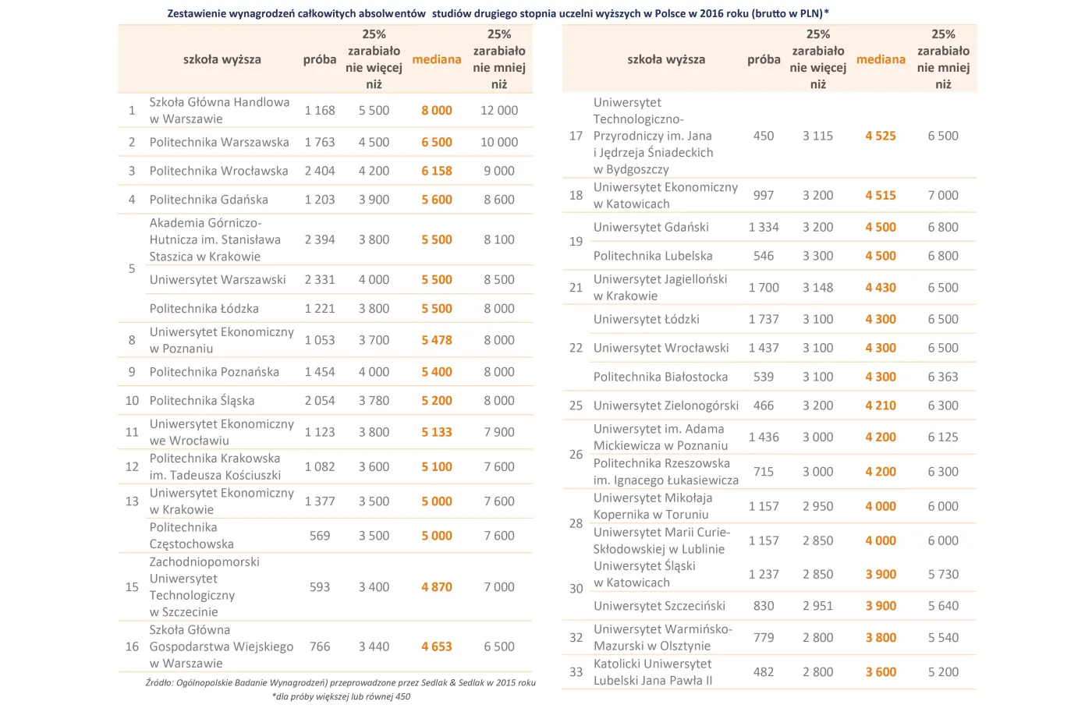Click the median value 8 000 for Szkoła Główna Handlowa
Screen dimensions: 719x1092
coord(436,111)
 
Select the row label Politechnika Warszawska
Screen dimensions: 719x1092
coord(219,142)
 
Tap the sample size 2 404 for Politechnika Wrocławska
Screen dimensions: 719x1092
coord(320,171)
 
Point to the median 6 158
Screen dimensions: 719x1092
coord(436,171)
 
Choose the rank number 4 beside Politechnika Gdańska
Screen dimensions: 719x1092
coord(132,200)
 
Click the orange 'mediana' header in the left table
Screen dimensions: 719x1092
coord(436,59)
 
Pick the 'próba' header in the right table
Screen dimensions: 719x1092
coord(764,59)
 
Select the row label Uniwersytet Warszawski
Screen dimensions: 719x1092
coord(218,279)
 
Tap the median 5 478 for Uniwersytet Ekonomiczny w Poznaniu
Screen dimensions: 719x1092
coord(436,340)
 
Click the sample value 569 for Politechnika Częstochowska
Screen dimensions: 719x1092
coord(320,536)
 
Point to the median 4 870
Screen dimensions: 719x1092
coord(436,587)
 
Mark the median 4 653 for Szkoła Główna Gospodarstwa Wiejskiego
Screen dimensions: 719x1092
coord(436,646)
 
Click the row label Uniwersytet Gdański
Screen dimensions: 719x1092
coord(651,227)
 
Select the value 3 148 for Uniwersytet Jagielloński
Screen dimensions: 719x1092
coord(817,288)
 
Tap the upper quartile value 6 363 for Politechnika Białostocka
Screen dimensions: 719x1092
coord(943,377)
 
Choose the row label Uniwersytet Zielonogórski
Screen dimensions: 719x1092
coord(665,406)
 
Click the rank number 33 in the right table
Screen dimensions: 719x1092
coord(576,672)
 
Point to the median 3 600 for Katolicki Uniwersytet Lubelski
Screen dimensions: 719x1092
coord(880,672)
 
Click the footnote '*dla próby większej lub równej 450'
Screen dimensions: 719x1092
coord(341,696)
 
